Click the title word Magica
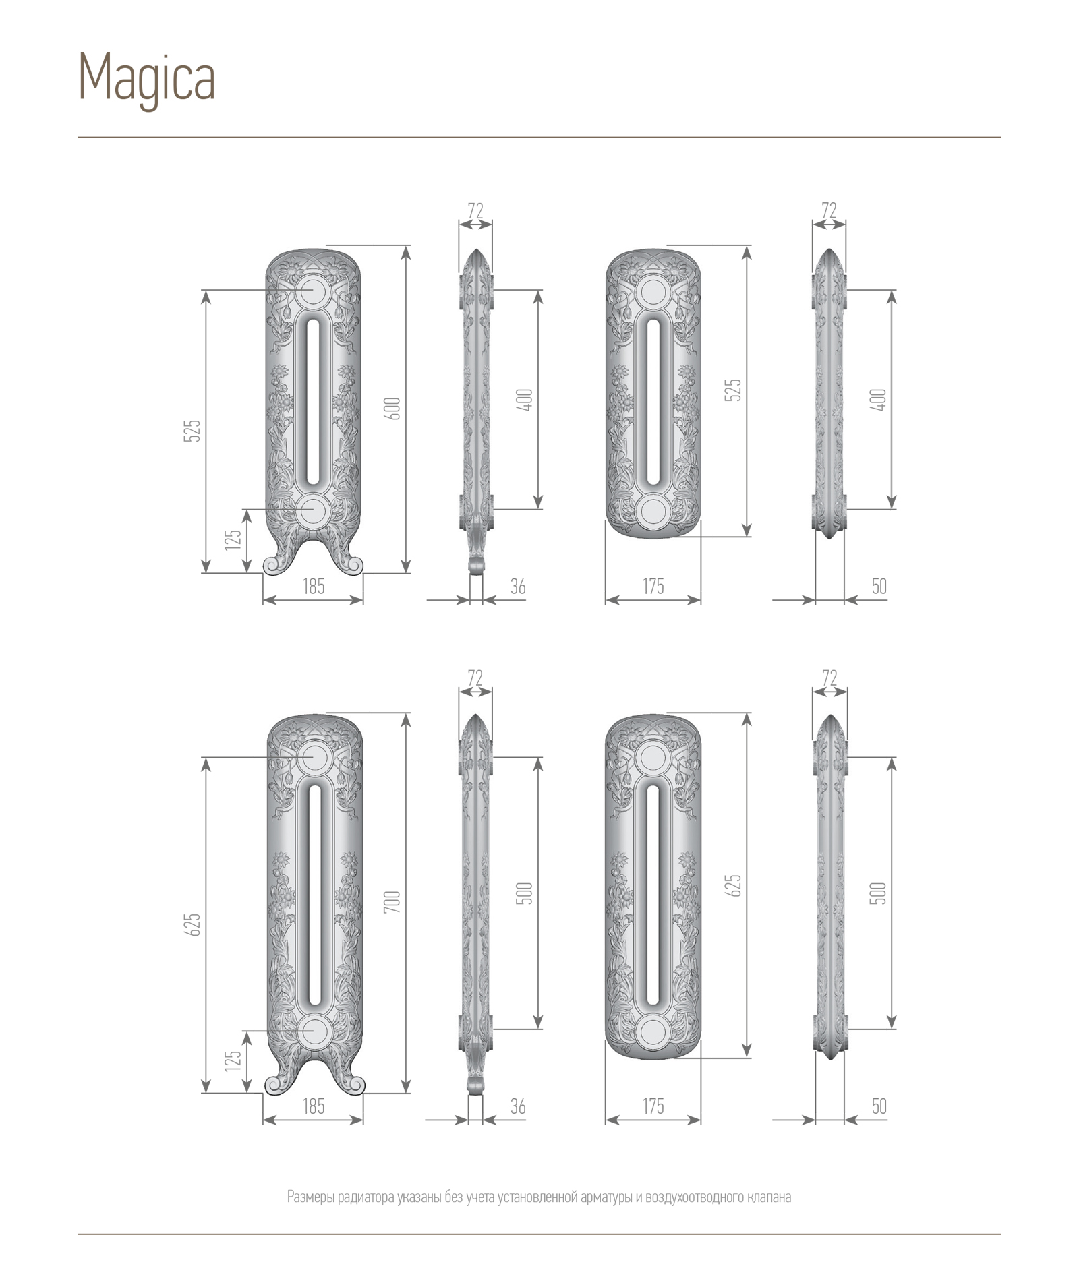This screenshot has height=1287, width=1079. point(147,80)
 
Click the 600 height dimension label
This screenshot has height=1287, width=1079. point(393,409)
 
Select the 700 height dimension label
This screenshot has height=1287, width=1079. point(393,901)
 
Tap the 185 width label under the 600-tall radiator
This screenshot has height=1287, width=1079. point(314,586)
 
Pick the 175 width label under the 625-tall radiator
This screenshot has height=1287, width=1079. point(653,1106)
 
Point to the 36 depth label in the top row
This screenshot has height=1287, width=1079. point(518,586)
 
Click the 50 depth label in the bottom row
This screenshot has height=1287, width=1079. point(879,1106)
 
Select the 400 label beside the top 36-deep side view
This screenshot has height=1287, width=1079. point(528,399)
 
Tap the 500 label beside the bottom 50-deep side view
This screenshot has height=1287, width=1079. point(880,893)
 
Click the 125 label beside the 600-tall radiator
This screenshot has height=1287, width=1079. point(233,539)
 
